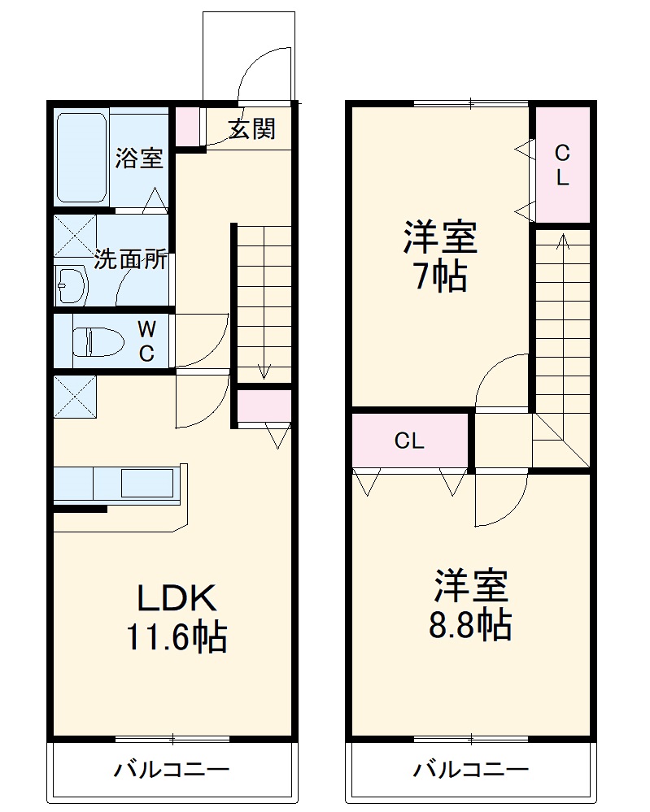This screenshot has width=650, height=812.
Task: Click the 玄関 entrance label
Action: point(251,128)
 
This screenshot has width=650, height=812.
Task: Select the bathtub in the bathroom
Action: point(81,158)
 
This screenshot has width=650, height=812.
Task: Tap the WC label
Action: point(146,341)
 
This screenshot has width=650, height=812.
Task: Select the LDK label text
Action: point(176,599)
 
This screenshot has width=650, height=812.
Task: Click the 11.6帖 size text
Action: point(176,637)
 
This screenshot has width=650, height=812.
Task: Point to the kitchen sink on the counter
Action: point(146,483)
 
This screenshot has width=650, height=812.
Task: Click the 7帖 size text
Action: point(438,278)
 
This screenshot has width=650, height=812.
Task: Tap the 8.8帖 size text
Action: point(470,624)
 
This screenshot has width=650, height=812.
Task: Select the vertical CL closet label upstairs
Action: point(562,165)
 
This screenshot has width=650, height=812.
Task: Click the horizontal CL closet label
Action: point(409,441)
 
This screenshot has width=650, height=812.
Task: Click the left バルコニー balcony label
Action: point(171,769)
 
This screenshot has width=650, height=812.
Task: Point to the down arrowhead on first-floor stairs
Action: point(264,372)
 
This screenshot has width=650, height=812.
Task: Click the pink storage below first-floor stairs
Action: point(264,406)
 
